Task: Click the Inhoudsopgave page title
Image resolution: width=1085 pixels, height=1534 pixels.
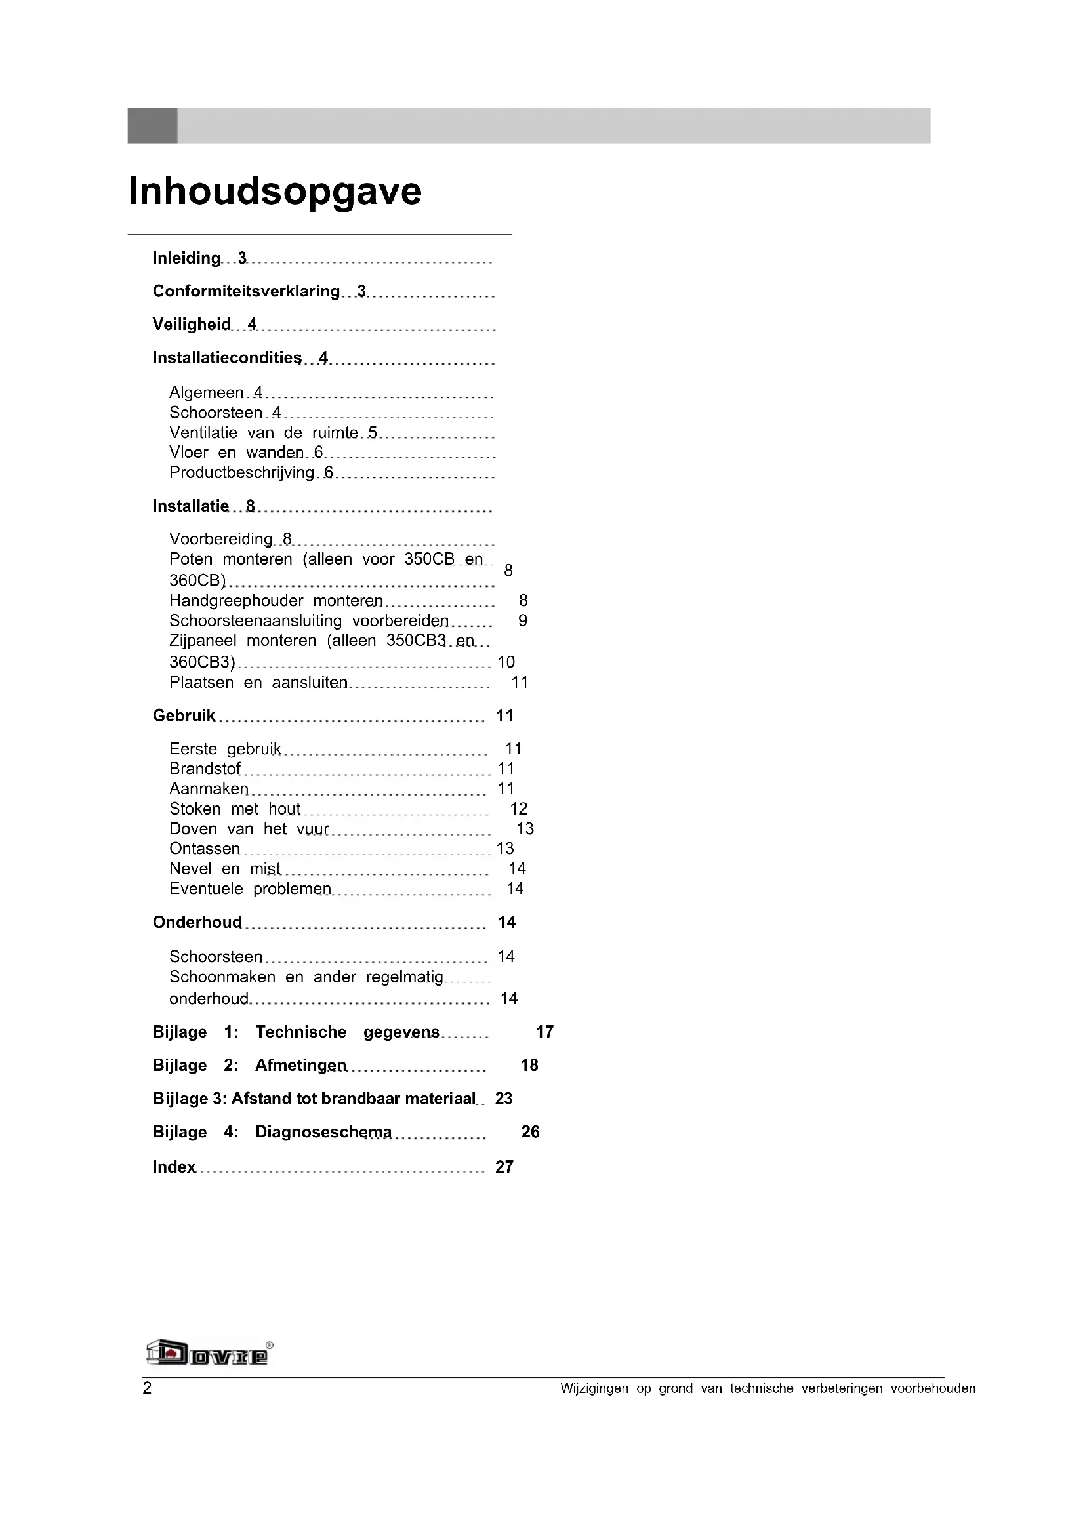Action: coord(275,191)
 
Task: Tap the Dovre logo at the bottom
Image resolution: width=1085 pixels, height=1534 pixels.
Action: coord(209,1354)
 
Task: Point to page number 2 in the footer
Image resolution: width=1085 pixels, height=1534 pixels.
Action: coord(147,1388)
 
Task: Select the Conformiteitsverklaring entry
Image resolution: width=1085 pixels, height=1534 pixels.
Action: coord(246,291)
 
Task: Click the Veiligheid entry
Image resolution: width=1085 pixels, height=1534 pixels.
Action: coord(191,325)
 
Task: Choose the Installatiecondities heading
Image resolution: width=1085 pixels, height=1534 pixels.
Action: coord(227,358)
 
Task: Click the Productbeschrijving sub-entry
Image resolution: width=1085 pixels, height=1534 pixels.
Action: coord(241,473)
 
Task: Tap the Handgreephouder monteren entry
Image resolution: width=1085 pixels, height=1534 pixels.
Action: coord(276,601)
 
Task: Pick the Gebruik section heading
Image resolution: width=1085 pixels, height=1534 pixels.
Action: coord(184,716)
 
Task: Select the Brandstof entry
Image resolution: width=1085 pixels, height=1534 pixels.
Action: coord(205,769)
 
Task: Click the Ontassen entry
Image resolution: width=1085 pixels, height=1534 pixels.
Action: coord(205,849)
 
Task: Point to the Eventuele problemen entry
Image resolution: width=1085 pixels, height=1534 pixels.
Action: coord(250,889)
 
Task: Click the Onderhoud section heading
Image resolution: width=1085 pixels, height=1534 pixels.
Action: coord(197,923)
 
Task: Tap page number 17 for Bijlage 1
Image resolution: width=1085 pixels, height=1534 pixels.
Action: coord(544,1032)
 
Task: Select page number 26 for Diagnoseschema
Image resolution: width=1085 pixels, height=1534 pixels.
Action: coord(530,1132)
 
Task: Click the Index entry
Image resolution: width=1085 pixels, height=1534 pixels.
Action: coord(174,1167)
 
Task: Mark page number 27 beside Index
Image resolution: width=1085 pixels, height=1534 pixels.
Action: coord(504,1167)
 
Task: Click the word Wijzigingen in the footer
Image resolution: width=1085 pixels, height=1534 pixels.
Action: coord(594,1389)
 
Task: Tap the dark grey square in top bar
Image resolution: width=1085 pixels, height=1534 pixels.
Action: coord(152,126)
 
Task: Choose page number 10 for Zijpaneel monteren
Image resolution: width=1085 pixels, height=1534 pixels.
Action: coord(506,662)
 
